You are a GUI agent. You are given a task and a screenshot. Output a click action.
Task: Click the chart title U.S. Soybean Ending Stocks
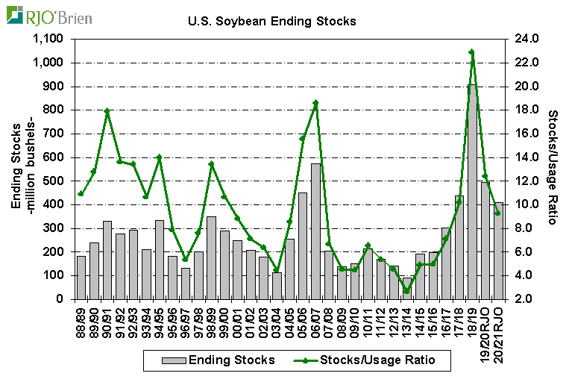tap(271, 21)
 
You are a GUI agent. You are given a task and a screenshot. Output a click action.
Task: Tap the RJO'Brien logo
tap(49, 15)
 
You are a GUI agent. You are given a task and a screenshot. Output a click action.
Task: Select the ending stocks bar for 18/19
tap(472, 192)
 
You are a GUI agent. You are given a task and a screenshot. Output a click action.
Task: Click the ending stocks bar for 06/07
tap(316, 231)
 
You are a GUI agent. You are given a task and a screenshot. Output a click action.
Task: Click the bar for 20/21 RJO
tap(498, 251)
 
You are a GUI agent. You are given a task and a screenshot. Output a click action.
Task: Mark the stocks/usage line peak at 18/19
tap(472, 52)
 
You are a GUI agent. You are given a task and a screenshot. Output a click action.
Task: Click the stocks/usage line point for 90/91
tap(107, 111)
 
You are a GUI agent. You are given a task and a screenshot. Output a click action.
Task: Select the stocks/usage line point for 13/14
tap(406, 291)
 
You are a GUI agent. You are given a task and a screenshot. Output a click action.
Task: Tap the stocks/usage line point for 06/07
tap(316, 103)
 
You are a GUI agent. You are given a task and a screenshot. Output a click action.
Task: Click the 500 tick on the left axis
tap(57, 181)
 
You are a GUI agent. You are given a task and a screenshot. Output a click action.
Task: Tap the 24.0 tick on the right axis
tap(521, 40)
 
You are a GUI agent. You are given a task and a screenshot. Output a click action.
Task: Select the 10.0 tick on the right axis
tap(521, 204)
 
